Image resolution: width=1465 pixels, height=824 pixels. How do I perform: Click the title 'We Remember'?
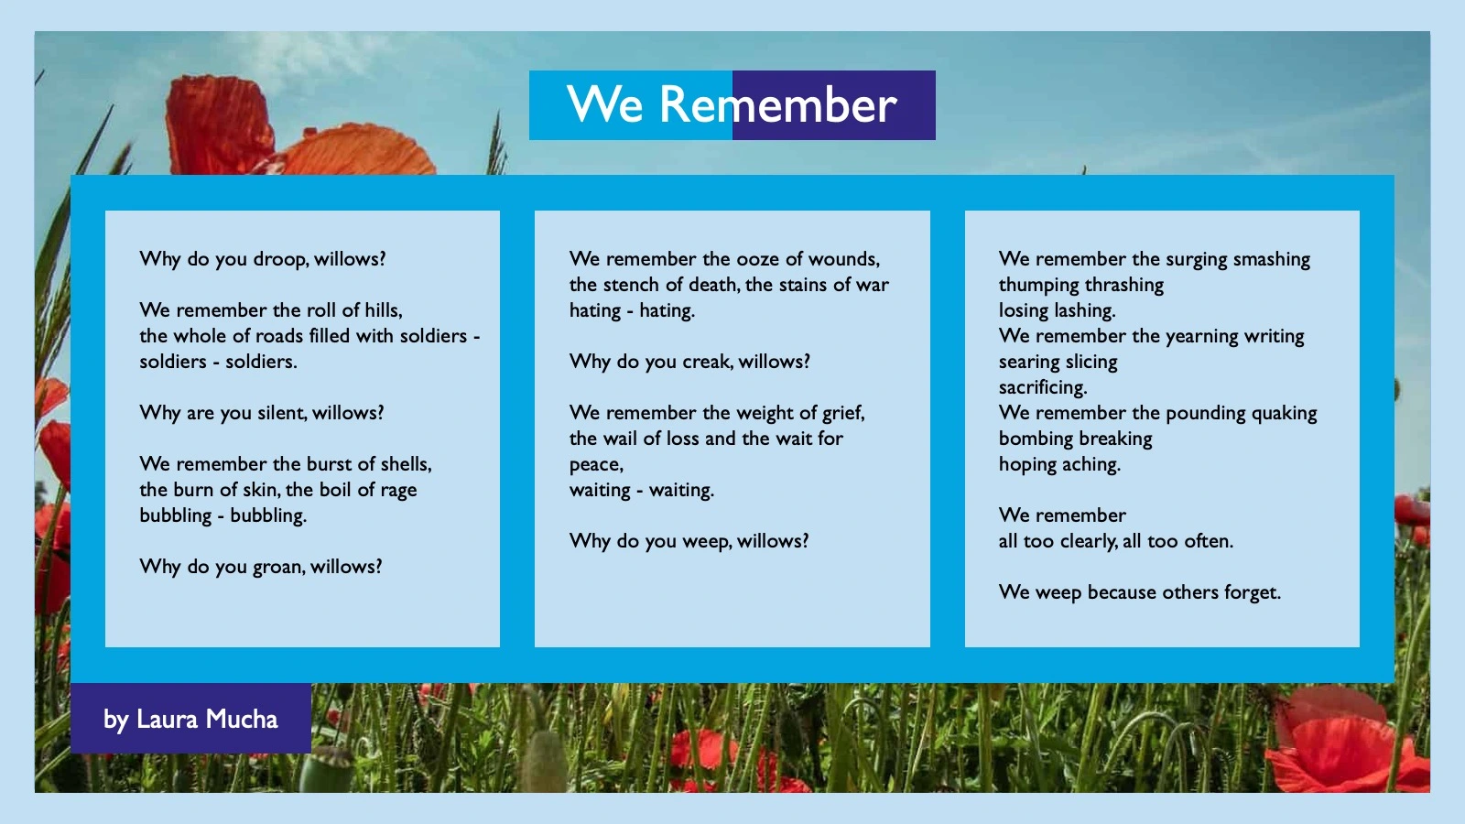tap(732, 105)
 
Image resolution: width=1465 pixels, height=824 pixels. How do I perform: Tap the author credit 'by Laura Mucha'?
tap(190, 719)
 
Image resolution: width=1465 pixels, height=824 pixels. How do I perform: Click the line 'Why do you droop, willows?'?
tap(263, 259)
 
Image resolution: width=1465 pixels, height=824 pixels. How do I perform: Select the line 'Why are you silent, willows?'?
tap(262, 413)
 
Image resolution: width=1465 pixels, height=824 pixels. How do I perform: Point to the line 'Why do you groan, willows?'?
tap(261, 567)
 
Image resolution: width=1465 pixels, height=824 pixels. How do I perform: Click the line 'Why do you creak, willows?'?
tap(689, 362)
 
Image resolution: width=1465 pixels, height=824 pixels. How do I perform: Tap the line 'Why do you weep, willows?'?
tap(689, 541)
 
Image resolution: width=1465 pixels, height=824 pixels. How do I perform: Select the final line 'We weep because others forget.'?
tap(1139, 592)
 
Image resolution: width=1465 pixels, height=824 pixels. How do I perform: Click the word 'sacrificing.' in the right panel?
tap(1043, 387)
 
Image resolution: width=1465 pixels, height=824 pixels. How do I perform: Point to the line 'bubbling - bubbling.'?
tap(222, 515)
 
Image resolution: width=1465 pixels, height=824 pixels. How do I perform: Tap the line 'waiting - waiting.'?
tap(641, 490)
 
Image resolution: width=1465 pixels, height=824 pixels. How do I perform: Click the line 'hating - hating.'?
tap(632, 310)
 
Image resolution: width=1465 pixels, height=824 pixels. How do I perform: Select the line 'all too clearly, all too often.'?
tap(1115, 541)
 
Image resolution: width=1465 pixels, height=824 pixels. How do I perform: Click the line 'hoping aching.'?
tap(1059, 464)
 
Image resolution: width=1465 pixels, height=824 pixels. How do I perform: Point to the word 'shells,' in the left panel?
tap(406, 464)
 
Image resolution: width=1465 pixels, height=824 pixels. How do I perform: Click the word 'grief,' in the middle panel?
tap(842, 413)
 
